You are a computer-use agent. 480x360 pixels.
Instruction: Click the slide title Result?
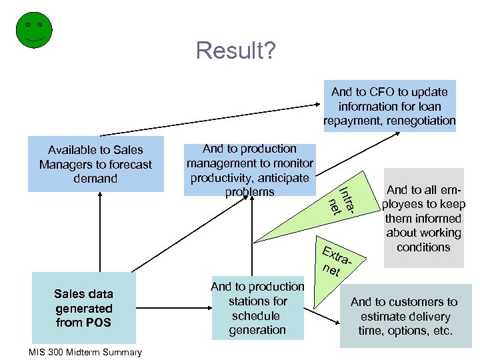click(x=235, y=50)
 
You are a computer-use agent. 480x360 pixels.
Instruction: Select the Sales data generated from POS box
click(x=84, y=309)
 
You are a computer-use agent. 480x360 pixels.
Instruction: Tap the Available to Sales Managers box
click(x=95, y=164)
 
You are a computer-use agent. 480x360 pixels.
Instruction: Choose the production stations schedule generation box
click(x=257, y=308)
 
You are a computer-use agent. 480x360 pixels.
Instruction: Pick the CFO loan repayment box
click(x=389, y=106)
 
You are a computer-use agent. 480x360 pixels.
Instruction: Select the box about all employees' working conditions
click(x=423, y=218)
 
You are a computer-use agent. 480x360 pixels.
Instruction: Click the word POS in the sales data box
click(x=100, y=323)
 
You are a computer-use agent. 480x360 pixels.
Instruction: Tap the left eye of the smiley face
click(x=27, y=25)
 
